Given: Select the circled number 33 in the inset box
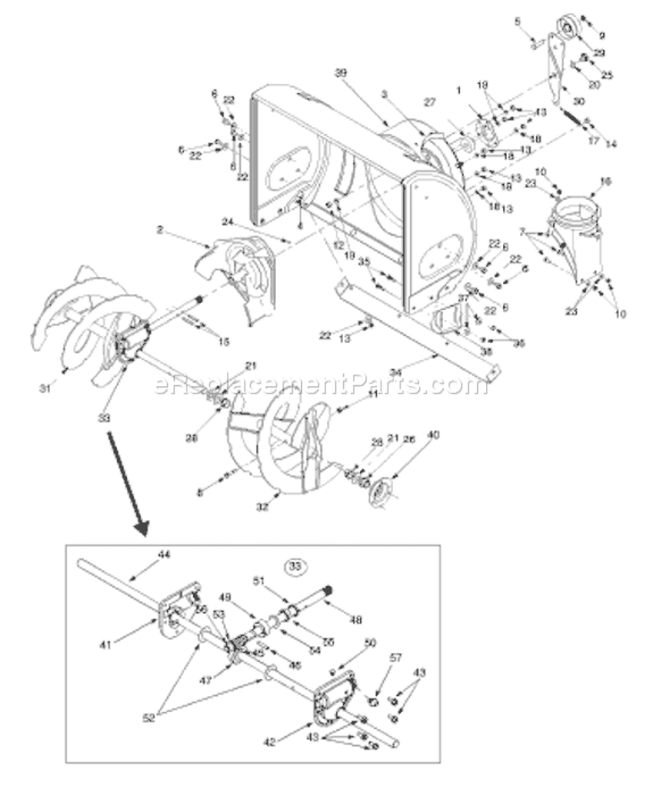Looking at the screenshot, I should pyautogui.click(x=294, y=565).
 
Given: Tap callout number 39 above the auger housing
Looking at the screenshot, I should pyautogui.click(x=339, y=72).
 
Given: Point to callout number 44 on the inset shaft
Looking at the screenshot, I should pyautogui.click(x=163, y=555).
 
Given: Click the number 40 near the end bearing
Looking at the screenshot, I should pyautogui.click(x=433, y=435).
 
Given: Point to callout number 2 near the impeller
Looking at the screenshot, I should pyautogui.click(x=159, y=230).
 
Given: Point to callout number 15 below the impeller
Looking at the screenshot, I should pyautogui.click(x=223, y=340).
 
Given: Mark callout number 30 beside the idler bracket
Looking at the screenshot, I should pyautogui.click(x=578, y=102).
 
